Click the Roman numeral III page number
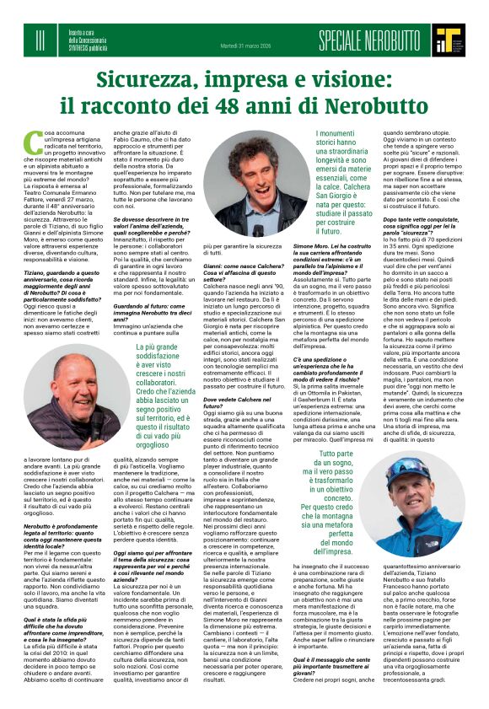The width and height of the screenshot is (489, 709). [40, 37]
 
